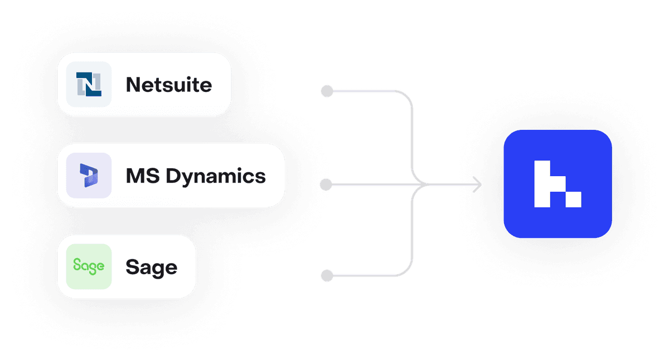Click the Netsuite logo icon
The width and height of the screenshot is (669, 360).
[x=89, y=84]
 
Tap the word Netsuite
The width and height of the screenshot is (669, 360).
[x=169, y=85]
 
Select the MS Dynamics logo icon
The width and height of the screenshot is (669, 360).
[x=89, y=176]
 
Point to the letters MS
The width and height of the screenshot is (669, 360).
[x=138, y=176]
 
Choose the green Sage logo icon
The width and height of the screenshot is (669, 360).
[x=89, y=266]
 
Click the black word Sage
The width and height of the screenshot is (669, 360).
[x=151, y=267]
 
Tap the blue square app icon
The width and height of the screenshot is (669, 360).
[x=557, y=184]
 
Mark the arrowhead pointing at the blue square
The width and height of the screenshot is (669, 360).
[x=478, y=184]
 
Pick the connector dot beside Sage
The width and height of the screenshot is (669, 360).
[x=327, y=275]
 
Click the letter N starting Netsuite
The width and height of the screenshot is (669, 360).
[x=133, y=85]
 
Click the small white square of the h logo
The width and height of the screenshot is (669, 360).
[x=574, y=200]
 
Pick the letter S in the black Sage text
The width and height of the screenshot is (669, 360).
[x=132, y=267]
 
